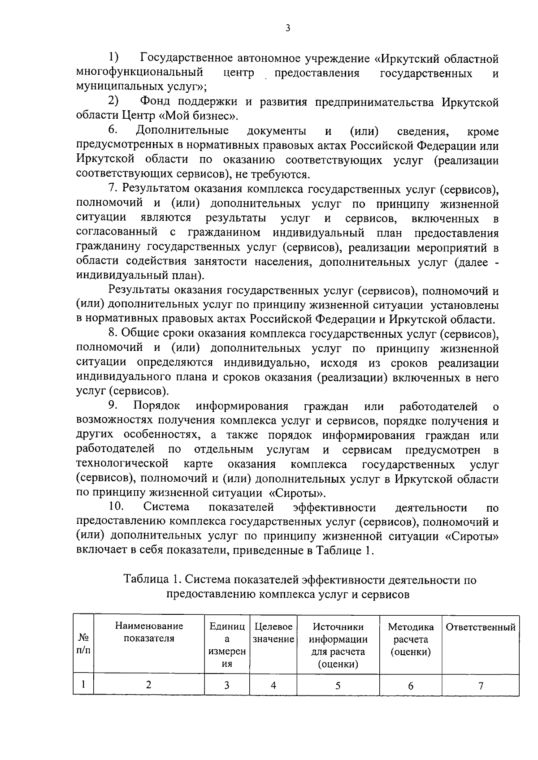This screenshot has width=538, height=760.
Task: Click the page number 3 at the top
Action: [287, 28]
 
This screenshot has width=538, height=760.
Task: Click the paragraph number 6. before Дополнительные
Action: [113, 130]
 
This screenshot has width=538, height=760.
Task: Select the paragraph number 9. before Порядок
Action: [113, 406]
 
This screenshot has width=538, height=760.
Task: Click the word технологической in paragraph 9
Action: [122, 464]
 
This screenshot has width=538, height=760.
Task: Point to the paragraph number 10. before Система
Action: [116, 507]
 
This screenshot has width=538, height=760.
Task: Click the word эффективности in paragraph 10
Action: [334, 507]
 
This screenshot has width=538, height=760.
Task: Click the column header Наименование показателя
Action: [149, 632]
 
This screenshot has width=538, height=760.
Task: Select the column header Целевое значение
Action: [273, 632]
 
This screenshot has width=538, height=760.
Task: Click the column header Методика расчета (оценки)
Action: [410, 639]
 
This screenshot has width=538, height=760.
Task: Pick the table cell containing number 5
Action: [338, 685]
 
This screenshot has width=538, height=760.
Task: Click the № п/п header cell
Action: [83, 643]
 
